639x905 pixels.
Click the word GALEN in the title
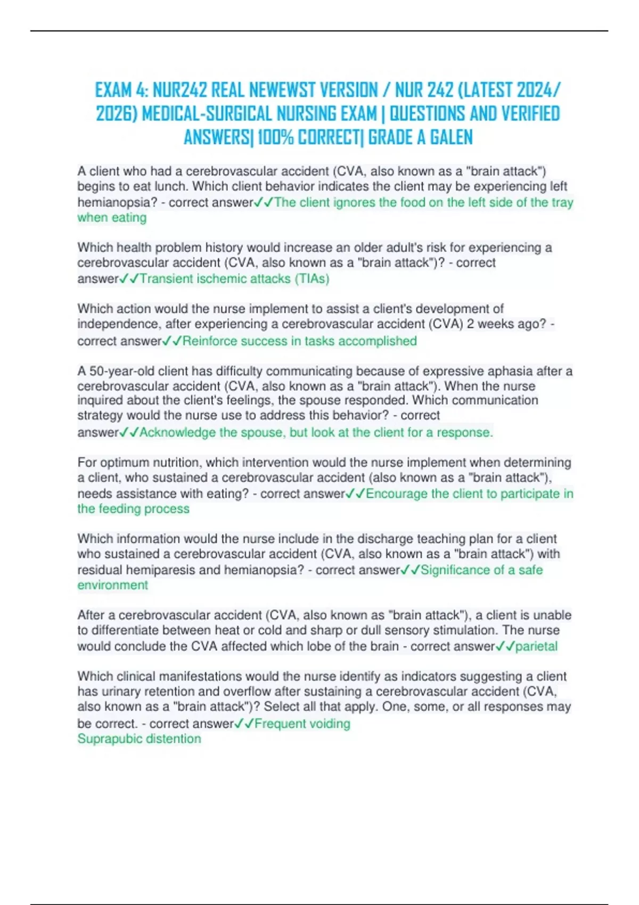(451, 137)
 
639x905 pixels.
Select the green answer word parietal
(536, 646)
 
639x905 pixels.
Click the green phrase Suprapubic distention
(139, 739)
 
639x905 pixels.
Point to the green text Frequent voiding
(302, 723)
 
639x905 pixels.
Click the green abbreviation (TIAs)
(312, 278)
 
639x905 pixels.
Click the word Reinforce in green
(210, 341)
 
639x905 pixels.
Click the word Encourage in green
(397, 493)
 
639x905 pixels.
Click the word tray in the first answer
(562, 202)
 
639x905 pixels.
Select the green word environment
(112, 585)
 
